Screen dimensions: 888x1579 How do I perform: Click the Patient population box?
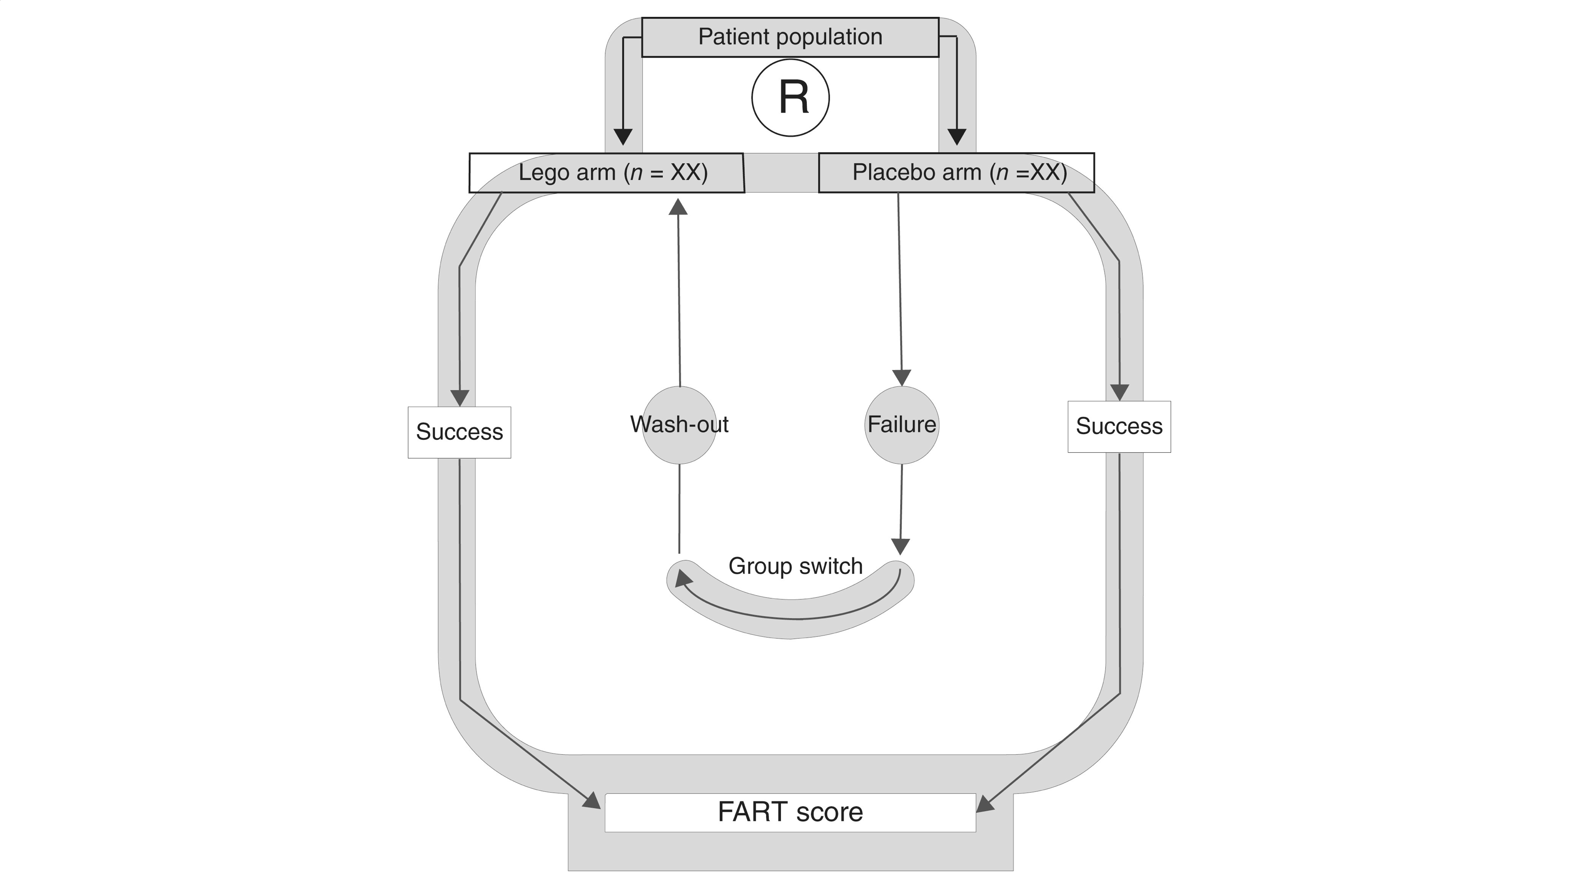(789, 37)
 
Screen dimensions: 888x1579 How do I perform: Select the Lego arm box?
(607, 173)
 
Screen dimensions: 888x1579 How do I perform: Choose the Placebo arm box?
(956, 173)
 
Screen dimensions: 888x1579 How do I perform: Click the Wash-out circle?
(679, 425)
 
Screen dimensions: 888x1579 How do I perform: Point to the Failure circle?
(902, 425)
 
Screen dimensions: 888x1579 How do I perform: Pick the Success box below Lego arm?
(459, 432)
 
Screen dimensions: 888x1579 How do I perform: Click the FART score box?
(789, 813)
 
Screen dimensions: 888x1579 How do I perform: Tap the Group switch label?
(795, 566)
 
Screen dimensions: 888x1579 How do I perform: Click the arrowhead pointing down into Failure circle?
(902, 377)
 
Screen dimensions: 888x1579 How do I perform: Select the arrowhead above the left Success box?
(460, 398)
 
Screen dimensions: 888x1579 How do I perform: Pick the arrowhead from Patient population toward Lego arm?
(623, 136)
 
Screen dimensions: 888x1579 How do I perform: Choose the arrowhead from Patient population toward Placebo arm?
(957, 136)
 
